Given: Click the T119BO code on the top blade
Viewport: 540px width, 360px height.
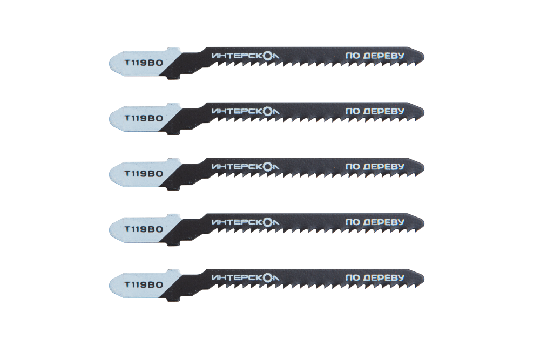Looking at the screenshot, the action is [144, 63].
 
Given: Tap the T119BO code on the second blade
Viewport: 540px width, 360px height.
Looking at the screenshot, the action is [144, 118].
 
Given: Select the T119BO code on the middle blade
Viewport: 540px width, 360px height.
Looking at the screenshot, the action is [144, 173].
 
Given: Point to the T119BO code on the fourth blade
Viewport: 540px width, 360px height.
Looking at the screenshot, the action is [144, 229].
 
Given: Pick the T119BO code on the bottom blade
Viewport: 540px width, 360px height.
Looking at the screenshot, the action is [144, 284].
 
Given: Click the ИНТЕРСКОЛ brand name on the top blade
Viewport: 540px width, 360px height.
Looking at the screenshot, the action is [245, 56].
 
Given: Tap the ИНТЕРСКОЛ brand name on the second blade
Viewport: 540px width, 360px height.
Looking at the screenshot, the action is [245, 112].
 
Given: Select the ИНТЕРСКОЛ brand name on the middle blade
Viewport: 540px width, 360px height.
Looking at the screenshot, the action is [245, 167].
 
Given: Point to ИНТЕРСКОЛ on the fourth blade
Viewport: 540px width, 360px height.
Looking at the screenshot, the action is [245, 223].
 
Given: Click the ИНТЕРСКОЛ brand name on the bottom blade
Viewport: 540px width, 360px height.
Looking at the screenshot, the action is [245, 278].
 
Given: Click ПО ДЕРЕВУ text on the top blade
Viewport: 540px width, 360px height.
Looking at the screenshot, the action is [375, 56].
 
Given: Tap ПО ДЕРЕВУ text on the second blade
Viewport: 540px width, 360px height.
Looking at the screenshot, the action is [375, 111].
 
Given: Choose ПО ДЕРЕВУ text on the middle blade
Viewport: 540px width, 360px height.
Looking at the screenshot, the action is [375, 167].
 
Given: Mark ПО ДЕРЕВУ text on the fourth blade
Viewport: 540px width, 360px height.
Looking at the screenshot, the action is [375, 222].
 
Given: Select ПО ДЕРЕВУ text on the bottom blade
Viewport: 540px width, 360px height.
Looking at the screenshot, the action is [375, 278].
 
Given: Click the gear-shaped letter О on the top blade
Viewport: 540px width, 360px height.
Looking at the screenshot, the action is [267, 56].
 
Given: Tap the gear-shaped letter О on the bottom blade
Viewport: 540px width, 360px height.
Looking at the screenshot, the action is [267, 278].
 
